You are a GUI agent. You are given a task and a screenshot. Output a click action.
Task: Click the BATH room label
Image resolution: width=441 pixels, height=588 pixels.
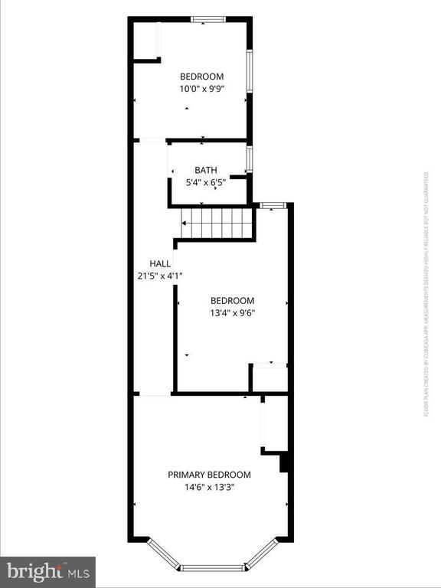[205, 170]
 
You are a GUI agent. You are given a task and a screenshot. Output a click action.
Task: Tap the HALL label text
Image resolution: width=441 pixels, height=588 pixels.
[160, 263]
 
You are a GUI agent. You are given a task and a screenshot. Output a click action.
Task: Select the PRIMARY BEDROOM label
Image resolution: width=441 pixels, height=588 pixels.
[209, 475]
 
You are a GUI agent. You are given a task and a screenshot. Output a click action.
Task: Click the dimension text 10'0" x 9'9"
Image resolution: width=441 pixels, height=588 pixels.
[201, 88]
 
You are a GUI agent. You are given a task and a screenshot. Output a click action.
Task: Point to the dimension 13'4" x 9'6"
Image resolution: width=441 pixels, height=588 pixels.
[232, 312]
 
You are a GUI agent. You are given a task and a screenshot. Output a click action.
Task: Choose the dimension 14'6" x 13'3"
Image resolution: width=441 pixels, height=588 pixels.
[209, 486]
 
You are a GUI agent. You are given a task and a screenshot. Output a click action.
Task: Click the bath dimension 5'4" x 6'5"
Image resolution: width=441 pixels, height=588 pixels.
[205, 182]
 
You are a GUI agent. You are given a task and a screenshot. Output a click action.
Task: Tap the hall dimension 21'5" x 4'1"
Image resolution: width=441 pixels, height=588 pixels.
[160, 275]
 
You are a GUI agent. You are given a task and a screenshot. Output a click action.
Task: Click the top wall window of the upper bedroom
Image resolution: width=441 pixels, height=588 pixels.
[207, 19]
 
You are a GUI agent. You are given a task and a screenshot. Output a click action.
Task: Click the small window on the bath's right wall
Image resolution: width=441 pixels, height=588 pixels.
[250, 158]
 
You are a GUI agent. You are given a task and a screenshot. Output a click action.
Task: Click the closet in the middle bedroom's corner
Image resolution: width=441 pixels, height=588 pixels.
[269, 378]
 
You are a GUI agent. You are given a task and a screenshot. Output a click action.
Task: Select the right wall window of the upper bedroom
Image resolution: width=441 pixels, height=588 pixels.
[249, 73]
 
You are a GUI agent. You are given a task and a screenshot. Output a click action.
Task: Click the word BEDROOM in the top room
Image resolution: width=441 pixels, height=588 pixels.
[201, 76]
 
